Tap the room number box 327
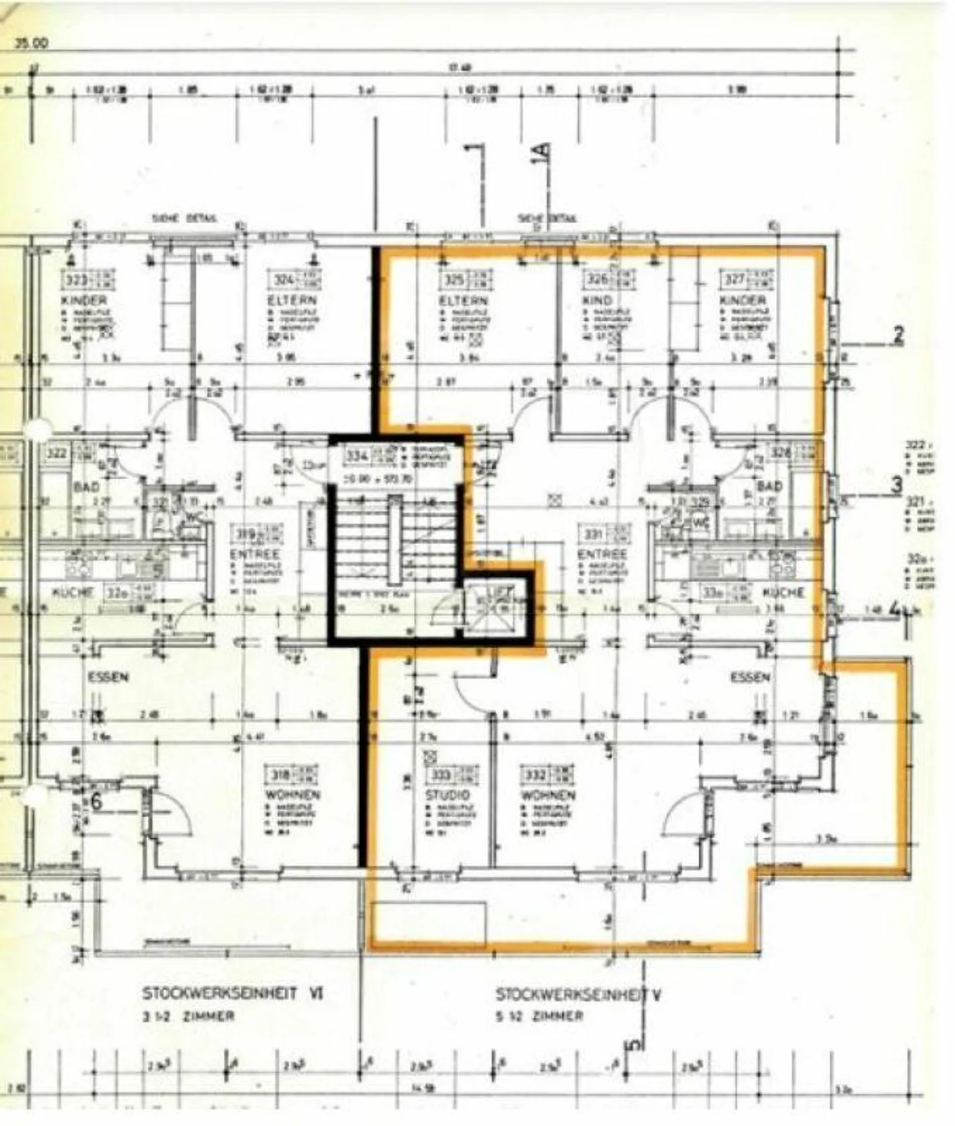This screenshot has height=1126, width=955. pyautogui.click(x=733, y=279)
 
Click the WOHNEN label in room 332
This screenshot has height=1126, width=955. pyautogui.click(x=548, y=794)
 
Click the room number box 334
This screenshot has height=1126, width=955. pyautogui.click(x=357, y=456)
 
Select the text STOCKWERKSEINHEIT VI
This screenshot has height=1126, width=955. pyautogui.click(x=232, y=994)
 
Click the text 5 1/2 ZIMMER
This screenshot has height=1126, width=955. pyautogui.click(x=539, y=1016)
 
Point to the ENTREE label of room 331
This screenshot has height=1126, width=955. pyautogui.click(x=602, y=553)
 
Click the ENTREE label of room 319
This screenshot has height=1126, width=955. pyautogui.click(x=255, y=553)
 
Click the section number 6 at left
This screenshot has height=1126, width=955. pyautogui.click(x=97, y=802)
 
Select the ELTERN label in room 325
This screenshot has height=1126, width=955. pyautogui.click(x=462, y=300)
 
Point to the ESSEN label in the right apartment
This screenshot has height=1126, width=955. pyautogui.click(x=750, y=677)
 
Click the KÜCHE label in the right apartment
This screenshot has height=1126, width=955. pyautogui.click(x=783, y=592)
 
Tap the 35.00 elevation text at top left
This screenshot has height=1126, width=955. pyautogui.click(x=31, y=43)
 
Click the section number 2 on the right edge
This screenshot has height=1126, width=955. pyautogui.click(x=898, y=336)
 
